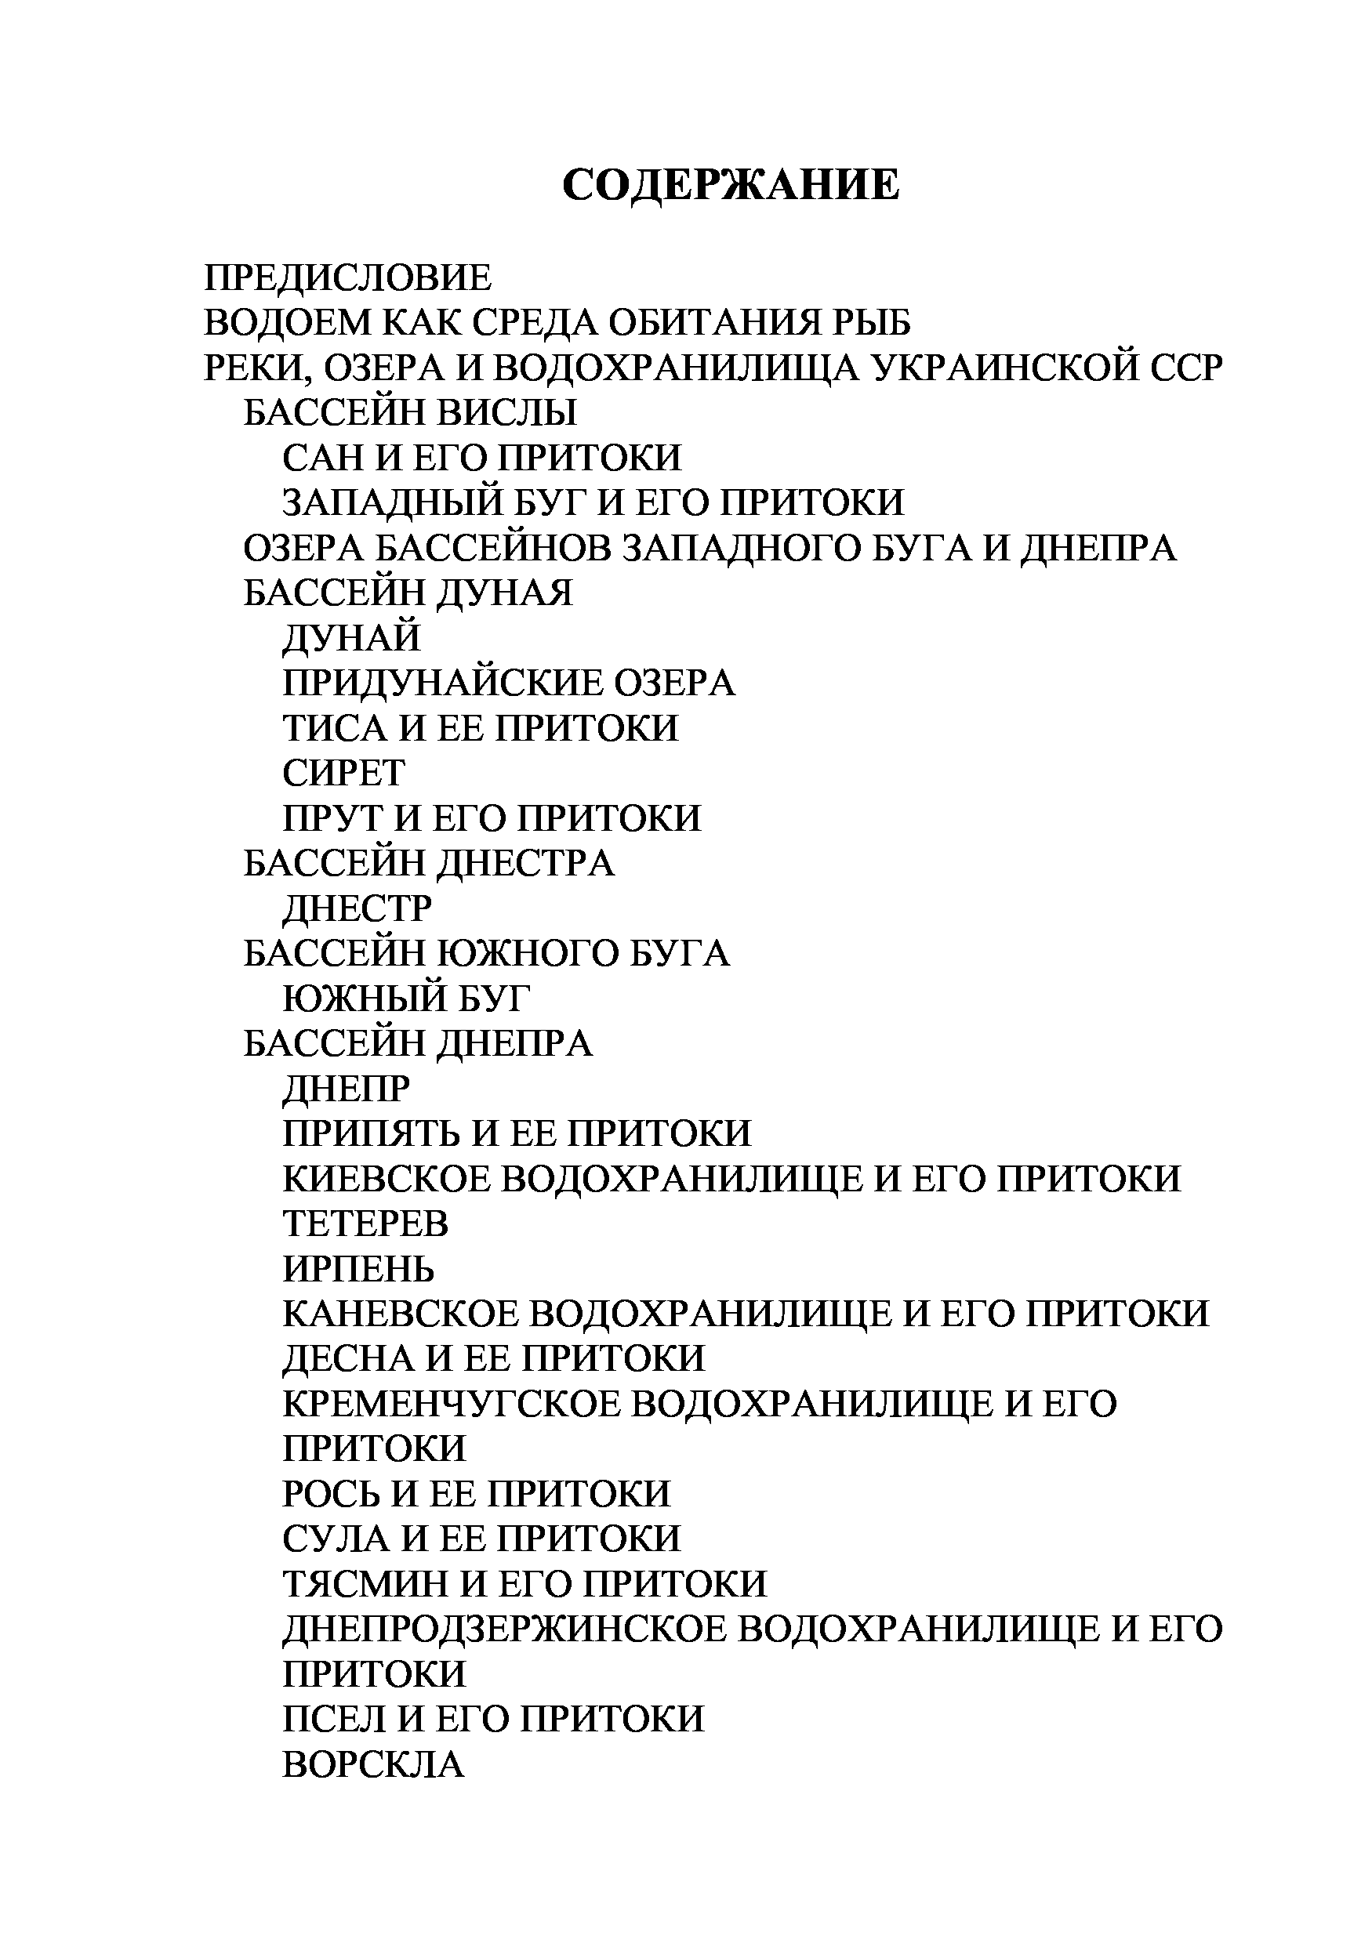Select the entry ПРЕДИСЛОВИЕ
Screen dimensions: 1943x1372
pos(347,277)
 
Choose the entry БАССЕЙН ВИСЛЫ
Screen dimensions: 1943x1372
pos(410,413)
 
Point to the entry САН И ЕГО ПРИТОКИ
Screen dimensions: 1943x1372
pos(481,458)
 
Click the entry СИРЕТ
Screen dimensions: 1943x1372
pos(343,773)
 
